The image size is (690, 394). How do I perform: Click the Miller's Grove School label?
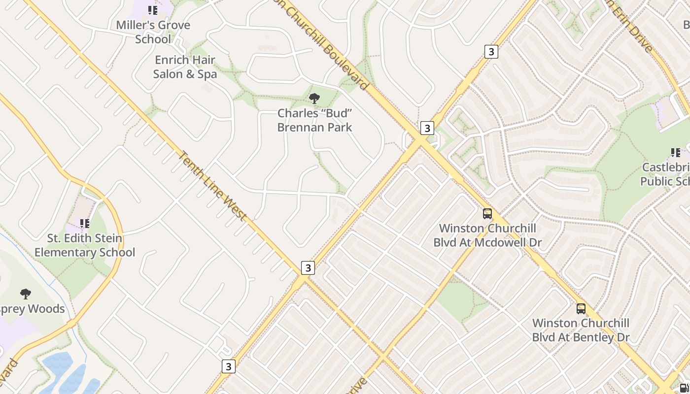pos(153,32)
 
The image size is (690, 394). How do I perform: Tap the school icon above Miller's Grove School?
pos(153,10)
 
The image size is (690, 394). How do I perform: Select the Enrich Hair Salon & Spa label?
pos(185,67)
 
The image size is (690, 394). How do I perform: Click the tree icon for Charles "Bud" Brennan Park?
pos(314,98)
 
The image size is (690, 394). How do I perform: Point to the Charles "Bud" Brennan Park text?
pos(314,120)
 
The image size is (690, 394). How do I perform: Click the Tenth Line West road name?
pos(211,186)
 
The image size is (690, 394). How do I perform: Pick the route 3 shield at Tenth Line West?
pos(308,268)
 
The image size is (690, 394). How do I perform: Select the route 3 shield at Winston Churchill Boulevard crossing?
pos(427,128)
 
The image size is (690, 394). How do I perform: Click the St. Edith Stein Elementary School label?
pos(85,245)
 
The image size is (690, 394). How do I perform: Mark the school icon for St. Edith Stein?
pos(85,224)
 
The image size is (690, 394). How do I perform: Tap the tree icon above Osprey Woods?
pos(26,294)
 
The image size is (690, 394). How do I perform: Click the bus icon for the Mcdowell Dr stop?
pos(487,214)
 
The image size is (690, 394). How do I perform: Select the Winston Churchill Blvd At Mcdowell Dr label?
pos(487,235)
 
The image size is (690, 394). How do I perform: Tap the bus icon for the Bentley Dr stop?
pos(581,309)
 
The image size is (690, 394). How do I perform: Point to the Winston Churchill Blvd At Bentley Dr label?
pos(581,330)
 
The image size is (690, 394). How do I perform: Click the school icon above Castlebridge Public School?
pos(675,153)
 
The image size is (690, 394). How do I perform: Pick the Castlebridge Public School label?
pos(665,174)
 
